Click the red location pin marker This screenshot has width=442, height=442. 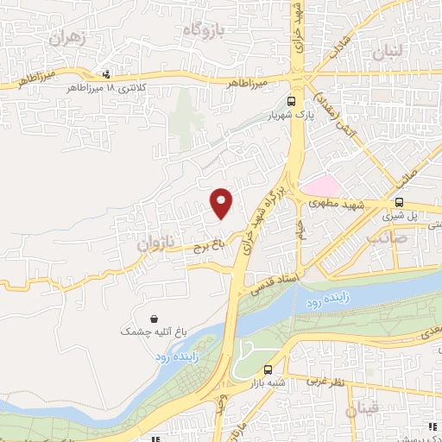tap(222, 203)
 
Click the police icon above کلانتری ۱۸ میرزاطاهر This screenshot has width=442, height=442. tap(106, 73)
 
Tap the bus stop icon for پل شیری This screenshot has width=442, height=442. tap(398, 202)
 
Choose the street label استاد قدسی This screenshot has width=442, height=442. tap(273, 284)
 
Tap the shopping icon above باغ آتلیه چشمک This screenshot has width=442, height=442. tap(153, 318)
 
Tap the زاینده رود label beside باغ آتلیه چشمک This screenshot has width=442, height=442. tap(177, 355)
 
